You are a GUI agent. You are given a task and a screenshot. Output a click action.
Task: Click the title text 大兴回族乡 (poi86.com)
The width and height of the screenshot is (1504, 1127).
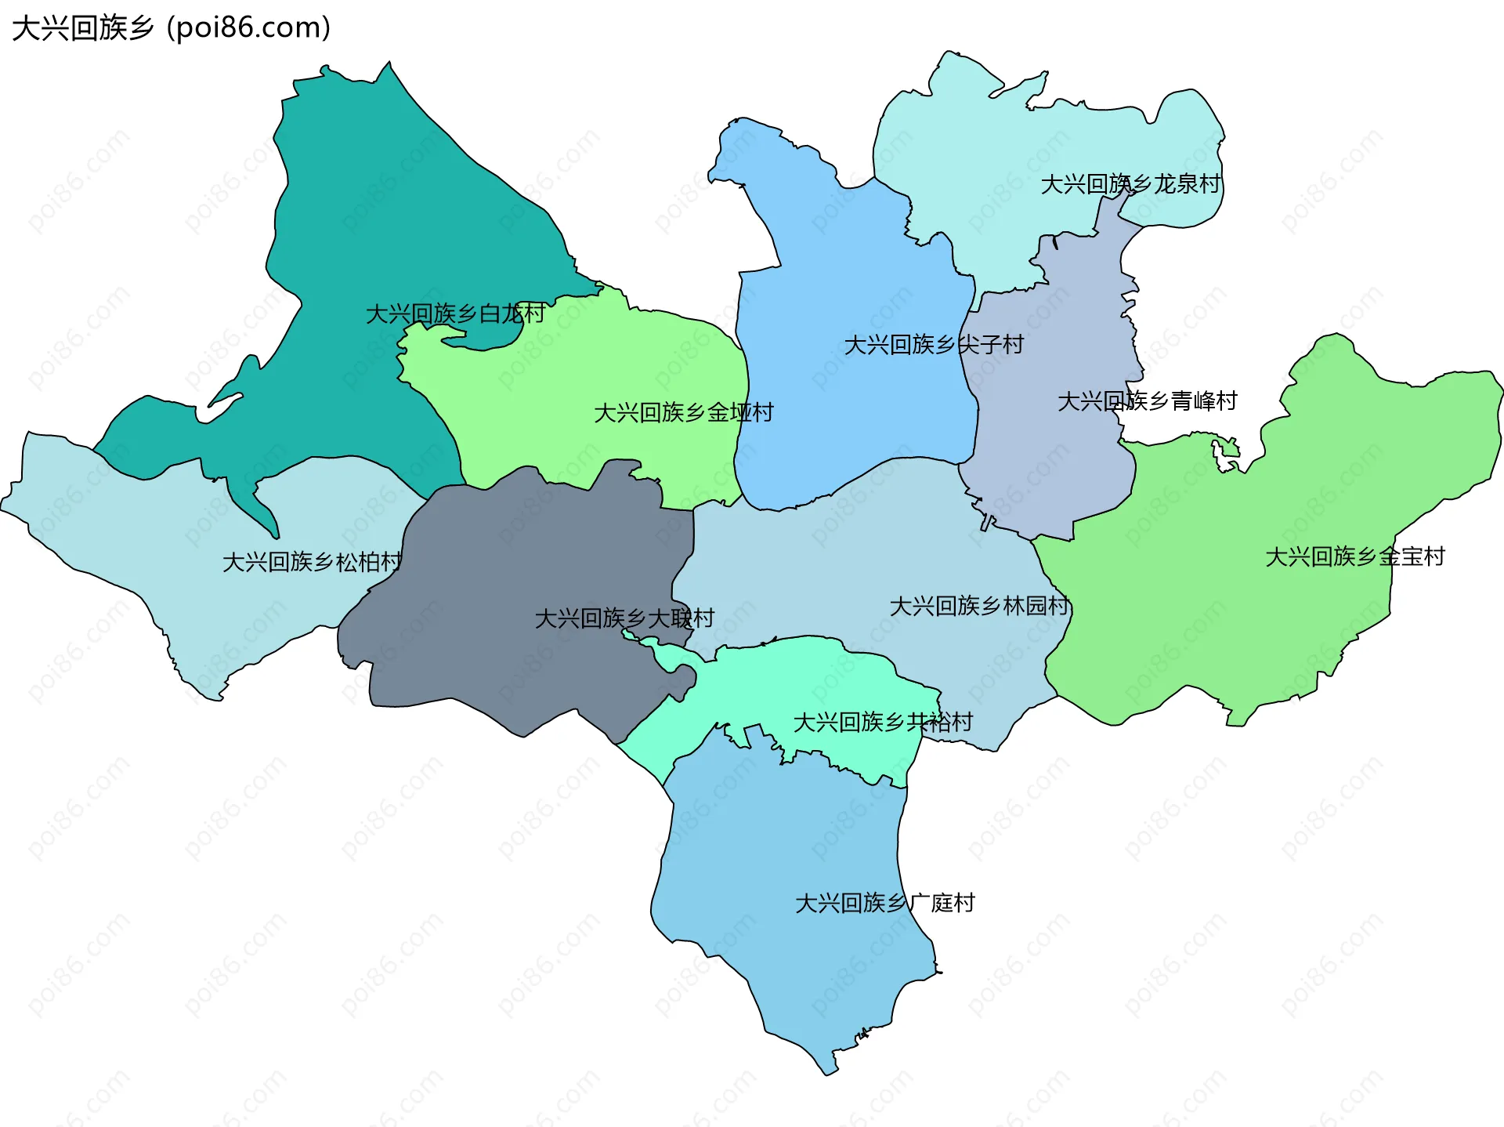(x=171, y=28)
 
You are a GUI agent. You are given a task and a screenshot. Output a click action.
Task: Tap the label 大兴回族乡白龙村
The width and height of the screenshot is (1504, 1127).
(x=455, y=313)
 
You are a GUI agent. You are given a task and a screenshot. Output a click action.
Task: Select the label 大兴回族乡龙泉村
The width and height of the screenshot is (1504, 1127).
(x=1130, y=184)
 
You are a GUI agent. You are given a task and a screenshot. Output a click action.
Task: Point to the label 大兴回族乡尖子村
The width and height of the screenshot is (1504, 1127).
(x=933, y=345)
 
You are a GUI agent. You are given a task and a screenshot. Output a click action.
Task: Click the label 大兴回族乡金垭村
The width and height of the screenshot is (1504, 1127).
(x=683, y=412)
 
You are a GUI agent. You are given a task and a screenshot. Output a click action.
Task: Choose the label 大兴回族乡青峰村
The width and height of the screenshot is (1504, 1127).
(x=1147, y=401)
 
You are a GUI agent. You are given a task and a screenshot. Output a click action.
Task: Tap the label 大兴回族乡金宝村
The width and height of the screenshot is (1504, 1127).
(x=1354, y=556)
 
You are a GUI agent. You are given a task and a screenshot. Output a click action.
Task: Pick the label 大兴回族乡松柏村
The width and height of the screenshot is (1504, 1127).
(x=312, y=562)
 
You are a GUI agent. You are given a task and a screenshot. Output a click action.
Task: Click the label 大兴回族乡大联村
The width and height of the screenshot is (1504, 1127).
(x=624, y=618)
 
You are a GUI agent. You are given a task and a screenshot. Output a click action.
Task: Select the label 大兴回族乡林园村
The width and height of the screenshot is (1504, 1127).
(x=979, y=606)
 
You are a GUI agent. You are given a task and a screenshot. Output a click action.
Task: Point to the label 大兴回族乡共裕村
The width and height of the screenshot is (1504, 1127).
(x=883, y=722)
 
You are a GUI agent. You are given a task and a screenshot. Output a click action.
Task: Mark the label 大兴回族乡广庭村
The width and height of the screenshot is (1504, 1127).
(x=884, y=903)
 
